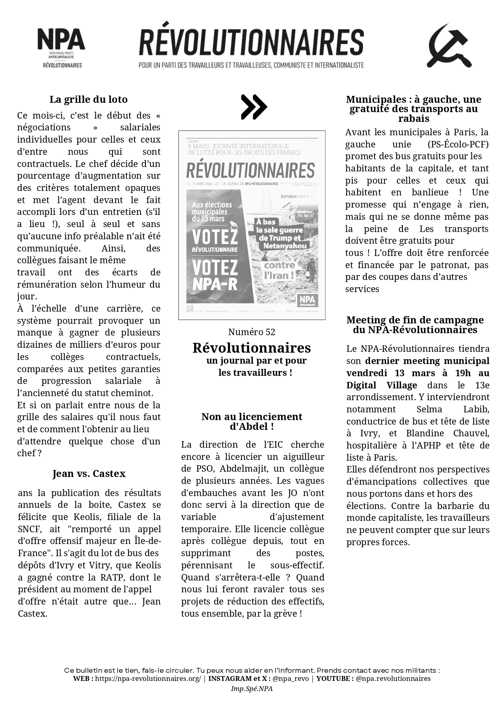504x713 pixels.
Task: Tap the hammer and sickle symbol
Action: click(449, 46)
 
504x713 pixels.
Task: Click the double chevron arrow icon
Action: click(253, 107)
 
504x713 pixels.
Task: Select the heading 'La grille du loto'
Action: click(89, 100)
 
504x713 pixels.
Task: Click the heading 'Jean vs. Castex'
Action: click(89, 474)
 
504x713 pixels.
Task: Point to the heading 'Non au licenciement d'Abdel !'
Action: click(252, 422)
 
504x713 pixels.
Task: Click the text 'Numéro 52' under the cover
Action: click(252, 332)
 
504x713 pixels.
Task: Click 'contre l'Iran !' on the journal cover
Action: click(279, 271)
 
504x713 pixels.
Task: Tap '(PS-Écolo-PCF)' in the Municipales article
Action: click(458, 144)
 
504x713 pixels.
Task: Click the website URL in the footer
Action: click(148, 678)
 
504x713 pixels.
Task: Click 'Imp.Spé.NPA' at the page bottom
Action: click(252, 689)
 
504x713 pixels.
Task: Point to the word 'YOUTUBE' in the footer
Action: click(334, 678)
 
